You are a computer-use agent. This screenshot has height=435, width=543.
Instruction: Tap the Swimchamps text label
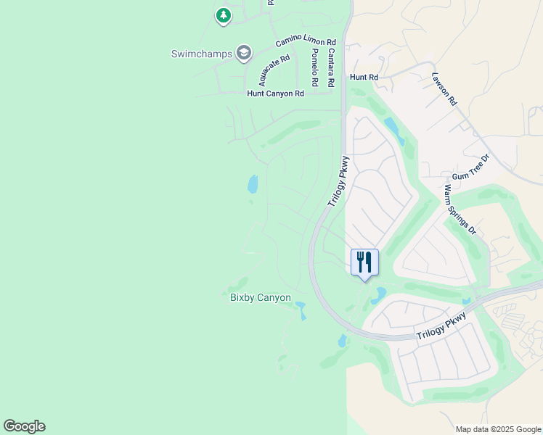201,54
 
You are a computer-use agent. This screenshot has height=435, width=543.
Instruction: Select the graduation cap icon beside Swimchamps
244,53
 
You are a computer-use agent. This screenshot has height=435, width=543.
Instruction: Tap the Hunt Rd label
364,77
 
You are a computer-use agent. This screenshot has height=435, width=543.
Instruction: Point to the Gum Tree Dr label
472,167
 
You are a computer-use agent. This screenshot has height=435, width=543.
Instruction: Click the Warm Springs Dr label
459,210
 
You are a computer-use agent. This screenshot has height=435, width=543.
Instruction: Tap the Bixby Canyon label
261,297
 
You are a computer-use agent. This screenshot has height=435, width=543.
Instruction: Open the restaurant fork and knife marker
364,262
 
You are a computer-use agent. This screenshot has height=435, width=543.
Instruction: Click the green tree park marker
224,14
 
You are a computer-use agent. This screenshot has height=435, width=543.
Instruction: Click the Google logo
24,426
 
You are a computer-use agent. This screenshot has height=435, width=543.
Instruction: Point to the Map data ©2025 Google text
497,429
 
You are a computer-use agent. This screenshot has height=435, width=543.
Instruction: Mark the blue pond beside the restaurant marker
379,295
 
